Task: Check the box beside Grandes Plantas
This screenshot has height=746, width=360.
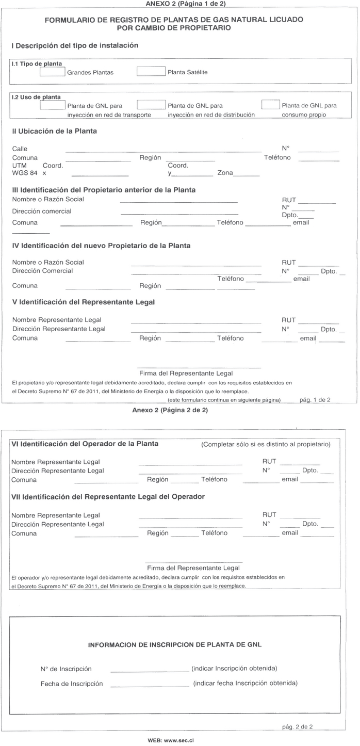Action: click(53, 72)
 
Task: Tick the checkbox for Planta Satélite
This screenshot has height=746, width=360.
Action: click(151, 72)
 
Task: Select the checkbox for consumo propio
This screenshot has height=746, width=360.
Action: click(270, 105)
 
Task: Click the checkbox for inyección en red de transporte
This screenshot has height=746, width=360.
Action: click(53, 105)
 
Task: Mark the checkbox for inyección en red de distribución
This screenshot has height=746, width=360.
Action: click(151, 105)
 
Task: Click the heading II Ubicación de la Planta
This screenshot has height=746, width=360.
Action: click(54, 131)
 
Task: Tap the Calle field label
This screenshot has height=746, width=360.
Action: click(20, 149)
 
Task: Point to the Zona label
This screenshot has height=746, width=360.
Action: click(225, 173)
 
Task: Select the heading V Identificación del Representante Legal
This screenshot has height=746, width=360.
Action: click(83, 302)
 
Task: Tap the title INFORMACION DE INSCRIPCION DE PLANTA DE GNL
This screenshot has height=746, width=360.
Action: click(175, 644)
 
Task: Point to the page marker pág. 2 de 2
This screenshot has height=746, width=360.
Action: click(298, 726)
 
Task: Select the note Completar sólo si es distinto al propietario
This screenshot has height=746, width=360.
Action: click(266, 444)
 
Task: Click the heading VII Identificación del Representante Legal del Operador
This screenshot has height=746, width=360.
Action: click(108, 496)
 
